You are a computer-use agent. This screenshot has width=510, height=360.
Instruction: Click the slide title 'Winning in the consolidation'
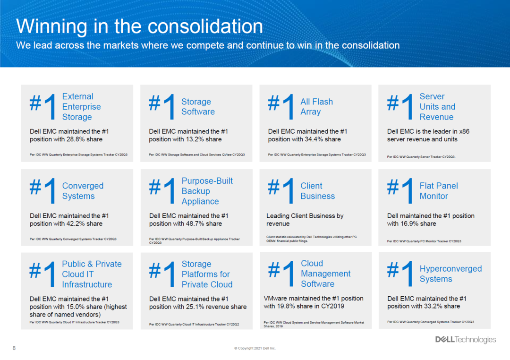[x=139, y=26]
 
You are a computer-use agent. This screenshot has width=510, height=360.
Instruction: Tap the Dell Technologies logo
[x=466, y=340]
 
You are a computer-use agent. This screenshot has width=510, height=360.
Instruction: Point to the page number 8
[x=14, y=348]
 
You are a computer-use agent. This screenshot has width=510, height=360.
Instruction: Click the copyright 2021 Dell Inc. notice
[x=255, y=348]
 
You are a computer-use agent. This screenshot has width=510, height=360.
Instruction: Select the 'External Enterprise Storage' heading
[x=81, y=106]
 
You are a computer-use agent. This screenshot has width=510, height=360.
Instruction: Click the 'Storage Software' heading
[x=198, y=106]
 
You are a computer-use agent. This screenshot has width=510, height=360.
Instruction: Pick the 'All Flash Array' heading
[x=316, y=106]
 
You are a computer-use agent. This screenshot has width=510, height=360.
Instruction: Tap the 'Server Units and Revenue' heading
[x=437, y=106]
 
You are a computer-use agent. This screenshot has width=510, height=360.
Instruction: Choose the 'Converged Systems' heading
[x=83, y=191]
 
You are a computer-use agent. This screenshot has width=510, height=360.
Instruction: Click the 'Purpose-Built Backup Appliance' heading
[x=207, y=191]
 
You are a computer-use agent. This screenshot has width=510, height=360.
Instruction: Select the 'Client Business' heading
[x=317, y=191]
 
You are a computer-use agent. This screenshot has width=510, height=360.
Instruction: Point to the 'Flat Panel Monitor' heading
[x=438, y=191]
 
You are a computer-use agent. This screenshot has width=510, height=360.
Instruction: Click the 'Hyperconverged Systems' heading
[x=450, y=274]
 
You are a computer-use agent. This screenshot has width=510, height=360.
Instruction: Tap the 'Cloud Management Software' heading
[x=325, y=274]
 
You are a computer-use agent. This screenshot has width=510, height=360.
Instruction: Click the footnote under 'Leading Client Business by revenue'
[x=311, y=239]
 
